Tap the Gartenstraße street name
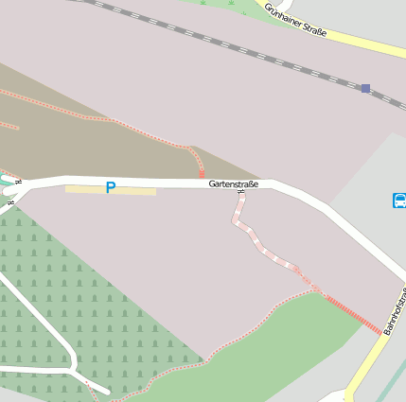[233, 184]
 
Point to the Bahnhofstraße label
[396, 309]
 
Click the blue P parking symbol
[111, 188]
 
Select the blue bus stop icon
[399, 200]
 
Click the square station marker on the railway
[365, 88]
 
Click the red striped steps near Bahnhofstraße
[352, 314]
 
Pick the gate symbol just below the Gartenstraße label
[241, 194]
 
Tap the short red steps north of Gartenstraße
[202, 172]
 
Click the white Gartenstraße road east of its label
[312, 204]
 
